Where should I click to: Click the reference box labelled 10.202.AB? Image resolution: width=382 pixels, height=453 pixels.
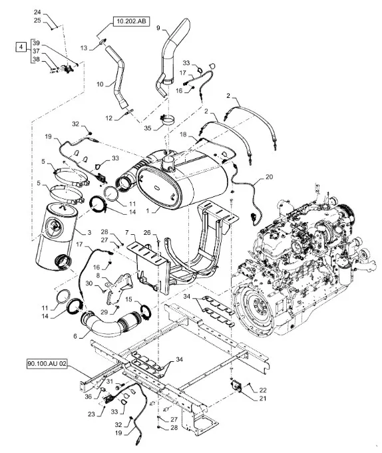click(x=131, y=21)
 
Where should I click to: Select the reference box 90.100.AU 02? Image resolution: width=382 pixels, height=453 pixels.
click(x=47, y=364)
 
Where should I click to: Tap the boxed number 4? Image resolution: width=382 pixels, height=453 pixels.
click(x=20, y=47)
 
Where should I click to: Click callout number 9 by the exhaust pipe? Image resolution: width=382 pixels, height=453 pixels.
click(x=158, y=28)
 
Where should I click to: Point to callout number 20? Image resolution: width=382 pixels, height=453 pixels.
click(x=269, y=176)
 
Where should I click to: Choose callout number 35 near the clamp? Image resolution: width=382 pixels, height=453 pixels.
click(x=148, y=128)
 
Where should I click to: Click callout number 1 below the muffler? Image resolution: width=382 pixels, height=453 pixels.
click(x=147, y=211)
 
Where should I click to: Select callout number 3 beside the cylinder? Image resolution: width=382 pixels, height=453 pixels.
click(x=89, y=232)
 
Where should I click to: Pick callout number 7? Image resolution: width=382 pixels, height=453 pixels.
click(x=126, y=232)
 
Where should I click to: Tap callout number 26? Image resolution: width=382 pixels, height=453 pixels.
click(x=147, y=232)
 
